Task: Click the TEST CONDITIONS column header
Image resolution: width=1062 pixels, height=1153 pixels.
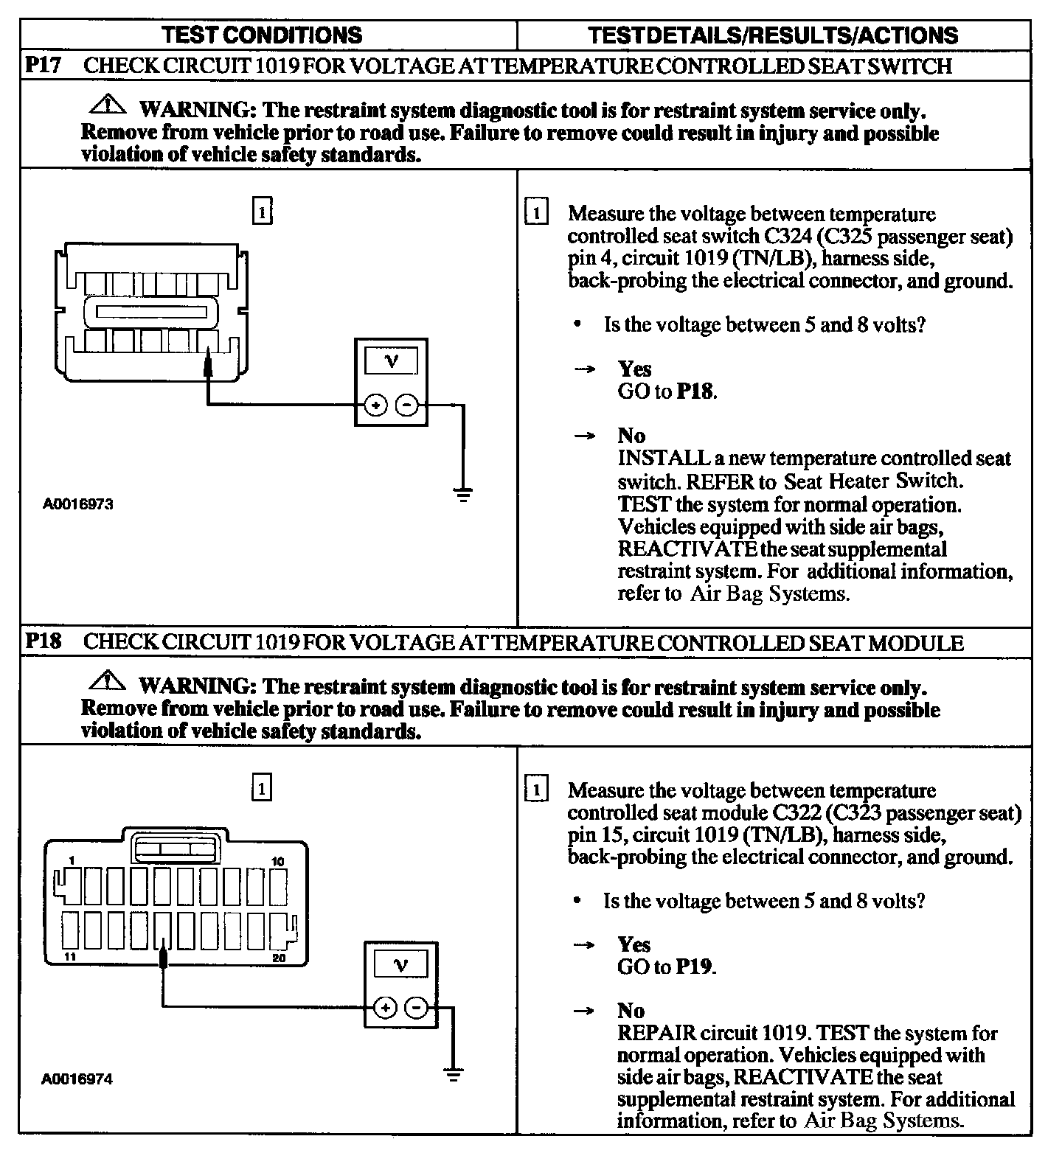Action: tap(262, 35)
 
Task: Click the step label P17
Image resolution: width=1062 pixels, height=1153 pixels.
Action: tap(44, 65)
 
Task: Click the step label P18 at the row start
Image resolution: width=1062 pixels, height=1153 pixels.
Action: tap(44, 641)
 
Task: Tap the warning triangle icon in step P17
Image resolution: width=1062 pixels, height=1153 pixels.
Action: tap(108, 105)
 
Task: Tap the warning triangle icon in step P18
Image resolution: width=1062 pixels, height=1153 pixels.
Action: tap(108, 681)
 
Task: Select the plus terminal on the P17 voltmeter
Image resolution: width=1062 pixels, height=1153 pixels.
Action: tap(376, 405)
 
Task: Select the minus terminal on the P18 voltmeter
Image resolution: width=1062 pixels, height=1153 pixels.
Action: tap(417, 1008)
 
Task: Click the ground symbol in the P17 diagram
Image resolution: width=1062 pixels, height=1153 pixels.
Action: tap(463, 494)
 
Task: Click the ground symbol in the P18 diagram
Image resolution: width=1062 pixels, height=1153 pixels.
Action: tap(454, 1074)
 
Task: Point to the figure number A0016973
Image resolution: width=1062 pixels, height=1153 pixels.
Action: tap(77, 505)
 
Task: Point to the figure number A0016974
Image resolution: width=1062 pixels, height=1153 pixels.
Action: tap(77, 1079)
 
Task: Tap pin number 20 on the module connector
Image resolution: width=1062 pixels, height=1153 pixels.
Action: tap(279, 958)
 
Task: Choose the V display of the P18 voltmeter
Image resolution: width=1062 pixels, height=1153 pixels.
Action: tap(401, 965)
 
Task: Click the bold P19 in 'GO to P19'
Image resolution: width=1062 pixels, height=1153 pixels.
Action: tap(695, 967)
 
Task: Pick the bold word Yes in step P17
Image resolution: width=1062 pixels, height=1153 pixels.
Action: tap(634, 369)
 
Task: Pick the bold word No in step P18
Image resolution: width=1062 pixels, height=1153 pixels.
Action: tap(631, 1011)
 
